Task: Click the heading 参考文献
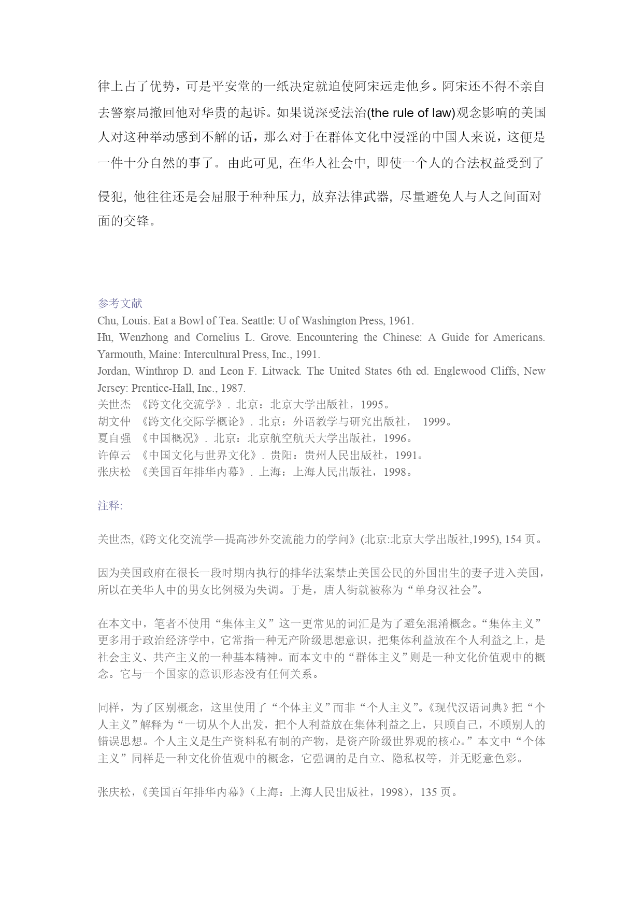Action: click(x=120, y=303)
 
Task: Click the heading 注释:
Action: click(x=110, y=505)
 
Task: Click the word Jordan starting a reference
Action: click(x=112, y=371)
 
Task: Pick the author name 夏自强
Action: click(x=114, y=438)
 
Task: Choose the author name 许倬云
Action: click(x=114, y=456)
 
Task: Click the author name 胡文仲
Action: click(x=114, y=421)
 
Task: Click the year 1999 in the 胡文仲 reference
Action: click(x=434, y=421)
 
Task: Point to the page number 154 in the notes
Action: click(x=513, y=539)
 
